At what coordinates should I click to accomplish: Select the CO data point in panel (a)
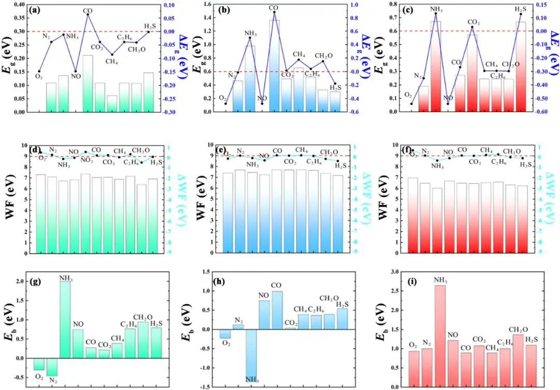88,15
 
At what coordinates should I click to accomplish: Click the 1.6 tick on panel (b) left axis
218,5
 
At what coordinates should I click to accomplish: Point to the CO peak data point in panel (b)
274,12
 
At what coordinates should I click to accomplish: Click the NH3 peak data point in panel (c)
436,13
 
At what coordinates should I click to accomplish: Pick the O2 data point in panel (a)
39,71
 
